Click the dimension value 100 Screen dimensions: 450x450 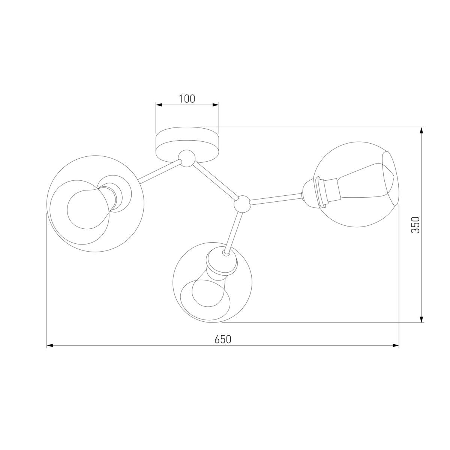pos(187,99)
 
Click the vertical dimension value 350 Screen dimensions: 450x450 pos(415,225)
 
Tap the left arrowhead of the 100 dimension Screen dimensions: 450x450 pos(159,105)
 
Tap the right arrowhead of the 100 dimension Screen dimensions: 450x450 pos(216,105)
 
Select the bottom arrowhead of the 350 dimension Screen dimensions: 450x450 pos(421,319)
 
